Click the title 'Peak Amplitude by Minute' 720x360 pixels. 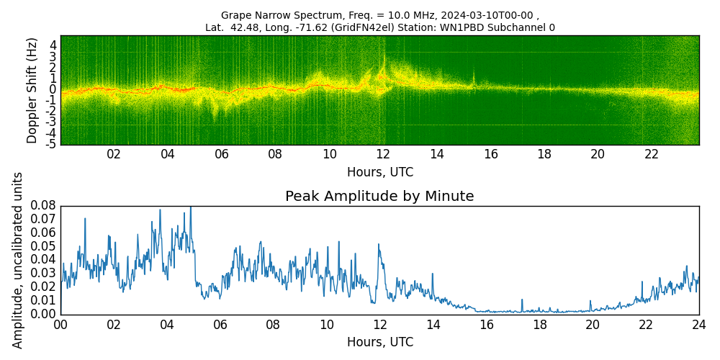coord(379,197)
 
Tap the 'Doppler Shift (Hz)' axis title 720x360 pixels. coord(32,91)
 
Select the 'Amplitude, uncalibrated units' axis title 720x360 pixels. coord(18,260)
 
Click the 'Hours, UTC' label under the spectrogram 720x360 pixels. coord(379,173)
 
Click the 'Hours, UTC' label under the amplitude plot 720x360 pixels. coord(379,342)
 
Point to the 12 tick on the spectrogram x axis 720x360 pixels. coord(383,154)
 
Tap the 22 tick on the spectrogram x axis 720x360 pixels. coord(652,154)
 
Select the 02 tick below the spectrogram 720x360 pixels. coord(114,154)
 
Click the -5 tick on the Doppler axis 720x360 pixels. coord(52,145)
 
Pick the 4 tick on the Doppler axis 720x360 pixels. coord(53,45)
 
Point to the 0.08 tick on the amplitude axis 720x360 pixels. coord(43,207)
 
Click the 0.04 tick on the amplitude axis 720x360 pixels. coord(43,260)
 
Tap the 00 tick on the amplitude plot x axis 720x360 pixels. coord(60,324)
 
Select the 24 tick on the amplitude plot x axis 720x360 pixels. coord(698,324)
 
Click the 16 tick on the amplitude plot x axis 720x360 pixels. coord(486,324)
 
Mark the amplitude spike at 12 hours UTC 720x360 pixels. coord(379,245)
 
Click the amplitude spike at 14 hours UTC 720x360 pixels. coord(433,274)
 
